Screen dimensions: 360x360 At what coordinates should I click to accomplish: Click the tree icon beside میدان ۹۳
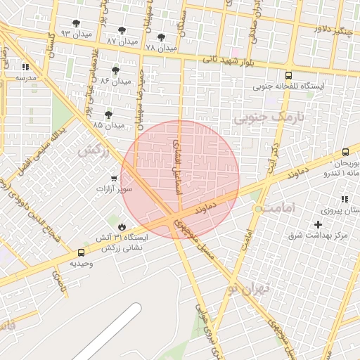[76, 23]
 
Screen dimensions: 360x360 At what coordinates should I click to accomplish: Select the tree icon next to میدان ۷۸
[161, 37]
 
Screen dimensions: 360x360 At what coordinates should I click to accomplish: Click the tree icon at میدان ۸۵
[108, 114]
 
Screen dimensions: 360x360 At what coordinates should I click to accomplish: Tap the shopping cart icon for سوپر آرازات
[114, 179]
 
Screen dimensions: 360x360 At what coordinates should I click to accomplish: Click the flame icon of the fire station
[122, 226]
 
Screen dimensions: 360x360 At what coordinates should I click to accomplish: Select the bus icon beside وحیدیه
[81, 252]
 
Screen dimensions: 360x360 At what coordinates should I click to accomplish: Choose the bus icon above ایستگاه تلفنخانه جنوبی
[288, 75]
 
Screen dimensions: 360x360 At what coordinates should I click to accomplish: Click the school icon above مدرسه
[25, 67]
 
